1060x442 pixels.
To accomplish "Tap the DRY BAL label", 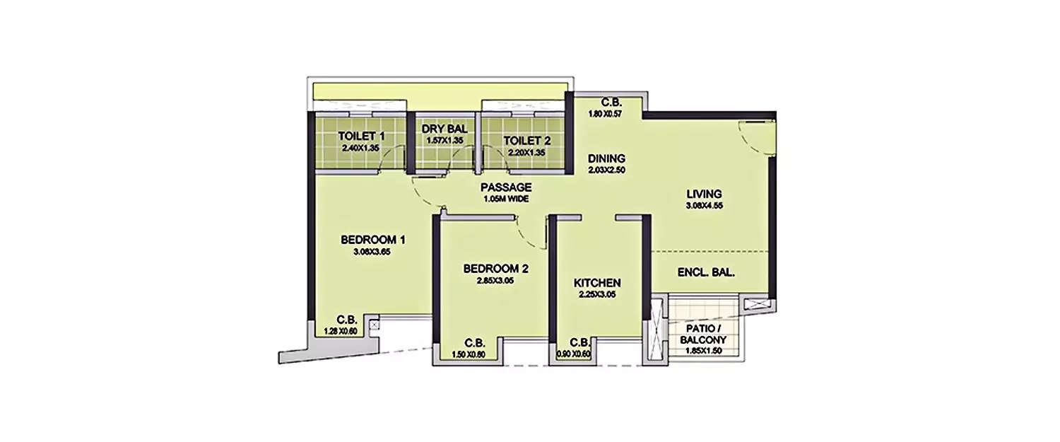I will tap(442, 129).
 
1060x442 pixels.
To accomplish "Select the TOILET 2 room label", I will tap(526, 140).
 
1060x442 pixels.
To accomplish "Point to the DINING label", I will tap(606, 158).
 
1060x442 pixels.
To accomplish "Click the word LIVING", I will tap(703, 194).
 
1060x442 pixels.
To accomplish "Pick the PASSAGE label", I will tap(505, 187).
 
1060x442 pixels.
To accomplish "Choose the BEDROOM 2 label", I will tap(496, 269).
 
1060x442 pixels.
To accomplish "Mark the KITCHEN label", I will tap(597, 283).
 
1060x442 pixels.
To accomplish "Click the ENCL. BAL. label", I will tap(706, 272).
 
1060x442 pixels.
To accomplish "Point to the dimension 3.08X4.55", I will tap(703, 207).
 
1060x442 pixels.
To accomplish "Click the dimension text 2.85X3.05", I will tap(496, 281).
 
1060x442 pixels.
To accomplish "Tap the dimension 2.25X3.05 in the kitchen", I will tap(597, 295).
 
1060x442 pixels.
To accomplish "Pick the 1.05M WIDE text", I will tap(505, 199).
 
